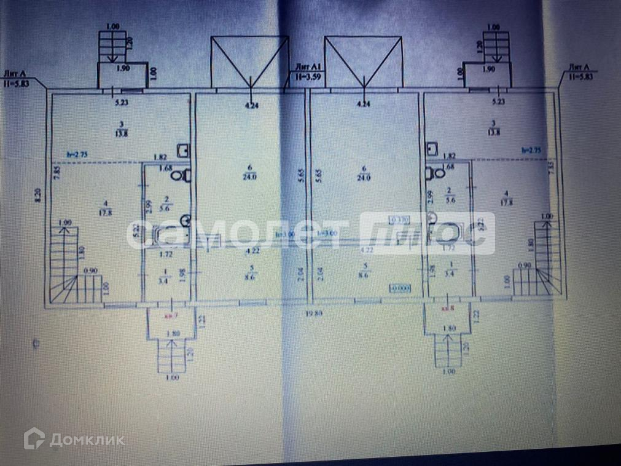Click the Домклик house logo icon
pos(34,440)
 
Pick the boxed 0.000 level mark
pos(400,287)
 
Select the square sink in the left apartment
pos(182,149)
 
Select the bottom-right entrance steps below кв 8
pos(448,353)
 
